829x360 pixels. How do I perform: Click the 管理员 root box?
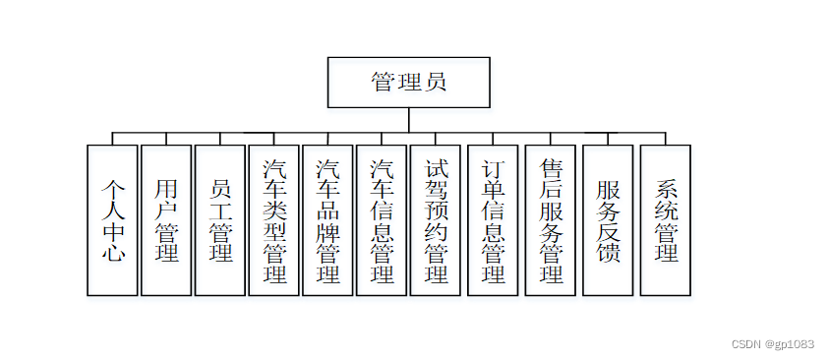point(408,82)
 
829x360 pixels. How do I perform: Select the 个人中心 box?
point(112,220)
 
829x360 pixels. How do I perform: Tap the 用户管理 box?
point(166,220)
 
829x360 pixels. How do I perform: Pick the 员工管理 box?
point(219,220)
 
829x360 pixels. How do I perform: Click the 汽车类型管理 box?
point(273,220)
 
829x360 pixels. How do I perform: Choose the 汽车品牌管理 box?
point(327,220)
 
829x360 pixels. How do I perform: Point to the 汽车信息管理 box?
point(382,220)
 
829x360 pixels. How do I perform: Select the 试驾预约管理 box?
point(435,220)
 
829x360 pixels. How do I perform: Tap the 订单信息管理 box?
point(493,220)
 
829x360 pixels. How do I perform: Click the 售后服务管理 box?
point(551,220)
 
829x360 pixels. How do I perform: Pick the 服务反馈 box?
point(609,220)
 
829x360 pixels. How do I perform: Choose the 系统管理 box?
point(666,220)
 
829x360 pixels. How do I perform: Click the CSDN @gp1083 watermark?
point(773,343)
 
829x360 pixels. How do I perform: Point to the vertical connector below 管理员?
point(408,119)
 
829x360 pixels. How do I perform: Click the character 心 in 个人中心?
point(113,253)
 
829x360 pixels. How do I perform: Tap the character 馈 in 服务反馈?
point(609,254)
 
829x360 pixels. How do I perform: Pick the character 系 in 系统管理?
point(667,187)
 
